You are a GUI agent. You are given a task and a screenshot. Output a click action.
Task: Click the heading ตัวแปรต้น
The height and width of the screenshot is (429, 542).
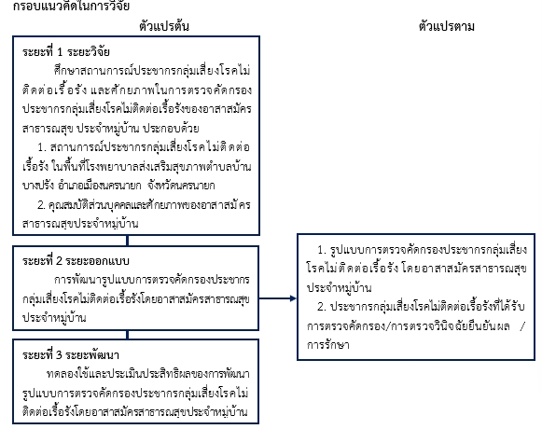164,26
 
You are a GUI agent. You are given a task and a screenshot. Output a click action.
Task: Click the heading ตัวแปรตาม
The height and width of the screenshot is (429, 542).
446,26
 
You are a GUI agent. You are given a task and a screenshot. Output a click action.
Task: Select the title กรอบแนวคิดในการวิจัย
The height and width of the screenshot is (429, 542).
71,6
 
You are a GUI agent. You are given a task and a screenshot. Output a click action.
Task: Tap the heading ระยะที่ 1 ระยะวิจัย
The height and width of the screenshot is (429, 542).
66,52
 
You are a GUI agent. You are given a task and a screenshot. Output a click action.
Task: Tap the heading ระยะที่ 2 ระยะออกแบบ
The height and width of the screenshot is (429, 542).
76,260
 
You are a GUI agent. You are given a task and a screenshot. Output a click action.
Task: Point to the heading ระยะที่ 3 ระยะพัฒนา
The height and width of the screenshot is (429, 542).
71,355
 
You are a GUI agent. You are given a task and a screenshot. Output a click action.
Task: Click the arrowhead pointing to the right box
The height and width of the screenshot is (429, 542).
293,298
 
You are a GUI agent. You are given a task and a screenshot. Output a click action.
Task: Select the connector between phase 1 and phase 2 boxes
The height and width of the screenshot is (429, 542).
128,241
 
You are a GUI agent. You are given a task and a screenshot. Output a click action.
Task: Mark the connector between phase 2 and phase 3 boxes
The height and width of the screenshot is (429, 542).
128,335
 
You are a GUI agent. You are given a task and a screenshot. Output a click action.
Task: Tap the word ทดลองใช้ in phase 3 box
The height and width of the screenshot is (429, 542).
65,374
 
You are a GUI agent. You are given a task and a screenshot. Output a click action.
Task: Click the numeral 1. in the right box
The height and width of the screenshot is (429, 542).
322,250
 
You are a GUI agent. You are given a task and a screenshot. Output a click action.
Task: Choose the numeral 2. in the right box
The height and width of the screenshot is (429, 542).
322,307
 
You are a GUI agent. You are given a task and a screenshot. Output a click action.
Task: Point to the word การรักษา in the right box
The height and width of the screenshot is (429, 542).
328,345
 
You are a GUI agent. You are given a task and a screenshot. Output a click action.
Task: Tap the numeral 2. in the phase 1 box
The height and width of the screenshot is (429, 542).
41,205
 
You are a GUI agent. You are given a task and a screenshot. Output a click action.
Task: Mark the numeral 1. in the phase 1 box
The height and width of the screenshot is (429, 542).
42,147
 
